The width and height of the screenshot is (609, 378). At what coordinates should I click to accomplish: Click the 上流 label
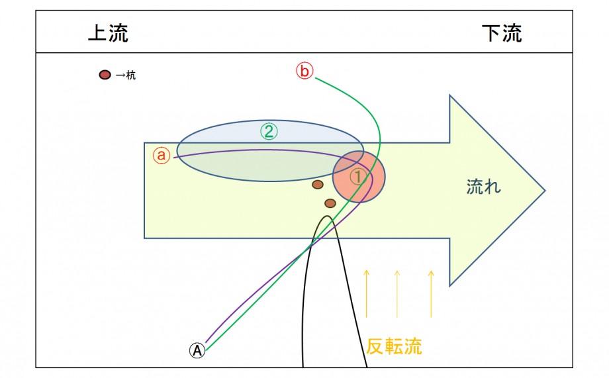click(x=108, y=33)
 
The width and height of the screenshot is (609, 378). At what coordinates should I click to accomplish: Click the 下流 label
click(x=502, y=33)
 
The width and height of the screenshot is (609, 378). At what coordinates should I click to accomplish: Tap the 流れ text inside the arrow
click(x=483, y=187)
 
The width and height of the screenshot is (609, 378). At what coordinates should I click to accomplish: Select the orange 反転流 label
click(x=394, y=346)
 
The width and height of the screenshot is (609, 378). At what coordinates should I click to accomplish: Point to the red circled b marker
click(x=304, y=71)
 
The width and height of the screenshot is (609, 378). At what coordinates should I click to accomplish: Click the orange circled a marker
click(x=161, y=155)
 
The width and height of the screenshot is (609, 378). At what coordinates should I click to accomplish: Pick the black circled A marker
click(x=197, y=350)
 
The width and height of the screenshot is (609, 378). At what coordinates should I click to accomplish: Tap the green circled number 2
click(x=269, y=132)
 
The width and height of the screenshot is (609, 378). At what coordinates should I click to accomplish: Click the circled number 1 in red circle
click(x=357, y=177)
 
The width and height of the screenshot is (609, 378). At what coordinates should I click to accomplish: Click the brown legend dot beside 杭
click(x=105, y=75)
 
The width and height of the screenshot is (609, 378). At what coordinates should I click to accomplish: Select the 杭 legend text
click(x=131, y=75)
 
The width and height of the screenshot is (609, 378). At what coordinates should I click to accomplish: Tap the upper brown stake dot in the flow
click(x=318, y=185)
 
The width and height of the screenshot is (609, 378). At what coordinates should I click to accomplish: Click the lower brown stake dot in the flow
click(x=330, y=203)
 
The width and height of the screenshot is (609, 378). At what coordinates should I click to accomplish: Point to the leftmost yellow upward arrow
click(x=366, y=294)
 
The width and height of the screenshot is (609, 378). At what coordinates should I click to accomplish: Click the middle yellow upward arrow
click(x=397, y=294)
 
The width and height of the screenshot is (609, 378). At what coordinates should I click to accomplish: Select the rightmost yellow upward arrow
click(x=431, y=294)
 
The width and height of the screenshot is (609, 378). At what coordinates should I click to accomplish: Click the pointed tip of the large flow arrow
click(x=545, y=191)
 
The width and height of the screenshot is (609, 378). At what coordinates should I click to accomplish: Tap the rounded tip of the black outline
click(x=328, y=216)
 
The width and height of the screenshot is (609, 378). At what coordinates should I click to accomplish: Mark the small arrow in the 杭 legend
click(x=120, y=75)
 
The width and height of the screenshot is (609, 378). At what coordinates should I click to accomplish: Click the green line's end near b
click(x=315, y=78)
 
